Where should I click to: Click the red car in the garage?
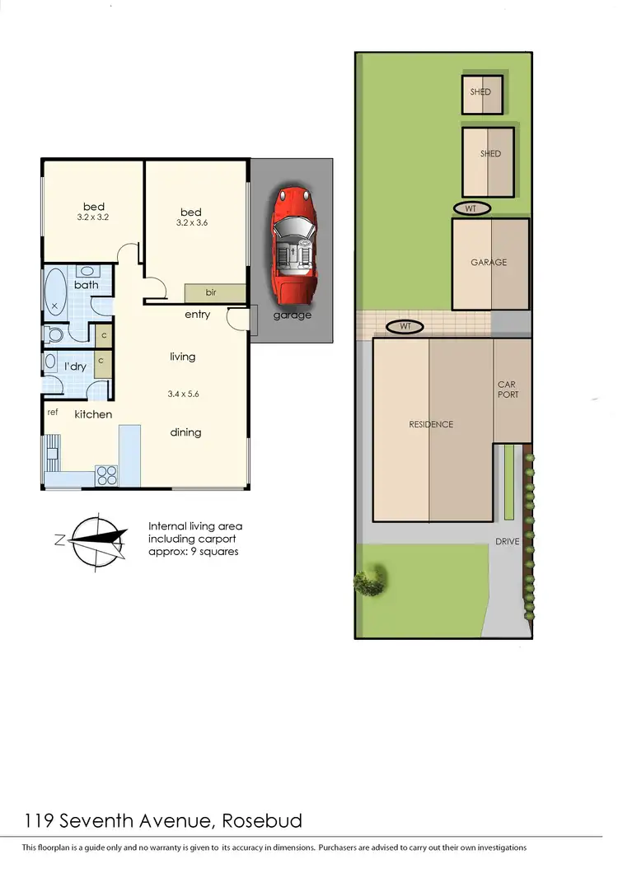[x=292, y=243]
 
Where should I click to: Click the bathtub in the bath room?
[x=56, y=293]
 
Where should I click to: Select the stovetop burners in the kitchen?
[x=106, y=474]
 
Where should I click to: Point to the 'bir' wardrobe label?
[x=210, y=292]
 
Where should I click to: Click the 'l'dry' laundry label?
[x=76, y=366]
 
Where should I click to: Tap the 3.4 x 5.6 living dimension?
[x=183, y=394]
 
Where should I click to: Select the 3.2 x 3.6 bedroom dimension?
[x=191, y=223]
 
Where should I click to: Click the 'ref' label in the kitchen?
[x=53, y=412]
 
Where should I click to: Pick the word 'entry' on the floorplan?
[x=197, y=314]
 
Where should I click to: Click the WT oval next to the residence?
[x=405, y=327]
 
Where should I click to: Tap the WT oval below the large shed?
[x=471, y=208]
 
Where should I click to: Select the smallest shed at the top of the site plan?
[x=480, y=92]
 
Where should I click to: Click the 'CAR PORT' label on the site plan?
[x=508, y=390]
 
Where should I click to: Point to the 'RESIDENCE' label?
[x=431, y=424]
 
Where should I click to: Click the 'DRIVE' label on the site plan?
[x=507, y=542]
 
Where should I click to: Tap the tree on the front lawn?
[x=371, y=580]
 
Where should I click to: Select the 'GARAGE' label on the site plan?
[x=489, y=263]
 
